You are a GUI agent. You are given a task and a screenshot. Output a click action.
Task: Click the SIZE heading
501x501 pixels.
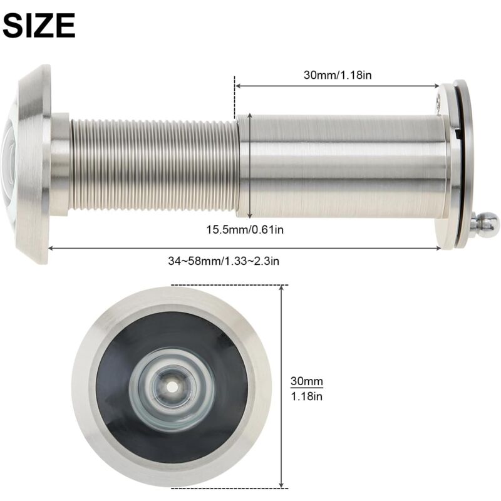39,26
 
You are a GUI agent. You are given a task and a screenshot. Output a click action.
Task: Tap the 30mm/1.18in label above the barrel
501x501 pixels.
339,75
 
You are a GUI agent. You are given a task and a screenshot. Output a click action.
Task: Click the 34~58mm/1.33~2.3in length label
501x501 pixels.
224,261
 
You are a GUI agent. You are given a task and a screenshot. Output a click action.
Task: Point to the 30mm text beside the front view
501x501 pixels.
306,381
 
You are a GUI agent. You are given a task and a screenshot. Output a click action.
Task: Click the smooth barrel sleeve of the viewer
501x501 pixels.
344,166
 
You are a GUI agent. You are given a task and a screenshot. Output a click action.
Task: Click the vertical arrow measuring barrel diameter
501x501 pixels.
251,165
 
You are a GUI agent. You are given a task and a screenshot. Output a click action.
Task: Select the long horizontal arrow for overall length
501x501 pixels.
244,248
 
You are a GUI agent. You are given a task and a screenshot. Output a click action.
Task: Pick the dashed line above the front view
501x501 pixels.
229,285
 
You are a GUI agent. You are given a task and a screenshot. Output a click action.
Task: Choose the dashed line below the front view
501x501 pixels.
229,487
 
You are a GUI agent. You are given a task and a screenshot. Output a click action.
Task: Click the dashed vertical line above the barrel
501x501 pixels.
235,94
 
